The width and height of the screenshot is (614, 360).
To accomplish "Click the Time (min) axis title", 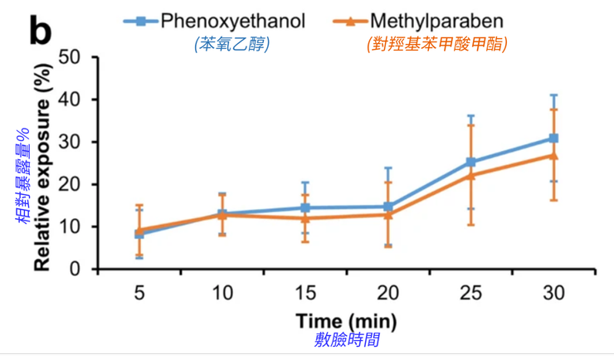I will tap(346, 320).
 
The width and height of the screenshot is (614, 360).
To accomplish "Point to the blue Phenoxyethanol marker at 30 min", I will tap(553, 138).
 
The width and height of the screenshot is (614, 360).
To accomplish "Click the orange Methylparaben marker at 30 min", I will tap(553, 155).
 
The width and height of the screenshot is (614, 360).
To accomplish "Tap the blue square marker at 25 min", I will tap(470, 163).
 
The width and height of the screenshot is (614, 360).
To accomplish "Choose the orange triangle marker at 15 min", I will tap(305, 218).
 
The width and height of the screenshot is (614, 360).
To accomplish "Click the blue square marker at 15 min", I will tap(305, 207).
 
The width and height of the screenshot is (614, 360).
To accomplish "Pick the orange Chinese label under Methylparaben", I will tap(437, 45).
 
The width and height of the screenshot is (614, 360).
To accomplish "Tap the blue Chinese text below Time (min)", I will tap(347, 340).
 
